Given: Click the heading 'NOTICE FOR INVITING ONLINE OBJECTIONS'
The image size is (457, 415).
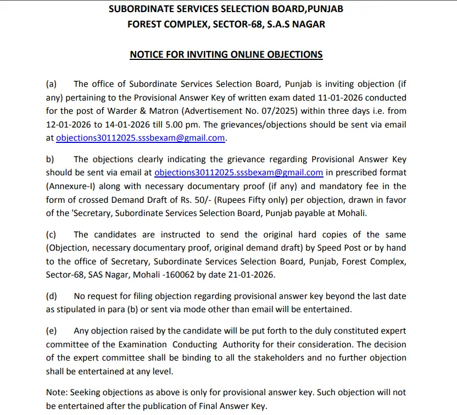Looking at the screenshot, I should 226,54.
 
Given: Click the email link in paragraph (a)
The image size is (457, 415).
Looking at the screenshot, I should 141,138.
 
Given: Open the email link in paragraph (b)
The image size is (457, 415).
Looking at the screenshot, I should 238,173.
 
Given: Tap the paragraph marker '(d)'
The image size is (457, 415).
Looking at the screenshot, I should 51,296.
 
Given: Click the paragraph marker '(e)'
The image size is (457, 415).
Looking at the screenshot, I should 51,331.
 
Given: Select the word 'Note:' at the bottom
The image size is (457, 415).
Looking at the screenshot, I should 57,392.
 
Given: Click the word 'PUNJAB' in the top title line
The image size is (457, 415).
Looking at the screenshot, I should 325,9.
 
